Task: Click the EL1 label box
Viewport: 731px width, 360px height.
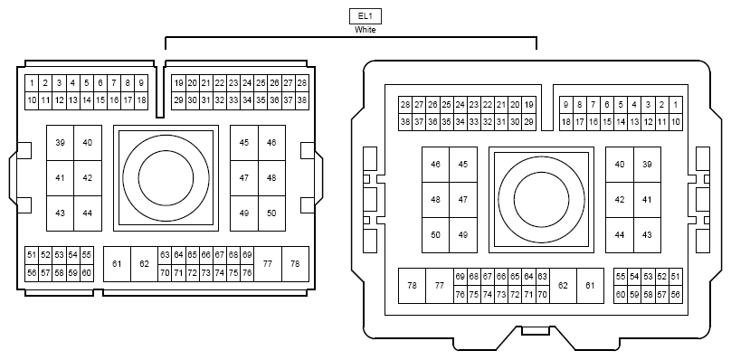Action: tap(365, 16)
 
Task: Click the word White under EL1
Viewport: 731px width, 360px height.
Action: tap(365, 30)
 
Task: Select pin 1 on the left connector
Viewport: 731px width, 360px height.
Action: tap(32, 83)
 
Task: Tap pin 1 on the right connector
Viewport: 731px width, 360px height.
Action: tap(675, 105)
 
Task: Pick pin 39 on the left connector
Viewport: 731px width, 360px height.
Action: tap(60, 143)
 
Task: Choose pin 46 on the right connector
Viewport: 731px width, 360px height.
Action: tap(435, 165)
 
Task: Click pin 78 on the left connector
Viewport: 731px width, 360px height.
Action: tap(295, 263)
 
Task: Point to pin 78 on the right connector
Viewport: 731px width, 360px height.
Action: tap(413, 285)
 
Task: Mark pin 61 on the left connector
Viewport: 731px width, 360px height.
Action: tap(117, 263)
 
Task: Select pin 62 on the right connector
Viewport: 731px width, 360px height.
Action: tap(563, 285)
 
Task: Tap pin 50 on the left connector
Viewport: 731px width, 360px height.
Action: tap(271, 213)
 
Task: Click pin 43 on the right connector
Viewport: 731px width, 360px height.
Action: tap(647, 234)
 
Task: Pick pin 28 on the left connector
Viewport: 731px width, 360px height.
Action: tap(302, 83)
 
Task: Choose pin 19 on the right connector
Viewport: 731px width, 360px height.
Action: tap(529, 105)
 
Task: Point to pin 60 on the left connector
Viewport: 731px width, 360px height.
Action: tap(87, 272)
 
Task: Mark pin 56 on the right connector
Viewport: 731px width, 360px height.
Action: tap(676, 294)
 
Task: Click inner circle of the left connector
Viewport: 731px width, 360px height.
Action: tap(166, 176)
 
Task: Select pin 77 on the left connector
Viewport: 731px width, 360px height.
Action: tap(267, 263)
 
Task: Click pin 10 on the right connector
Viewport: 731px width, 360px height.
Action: tap(675, 121)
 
